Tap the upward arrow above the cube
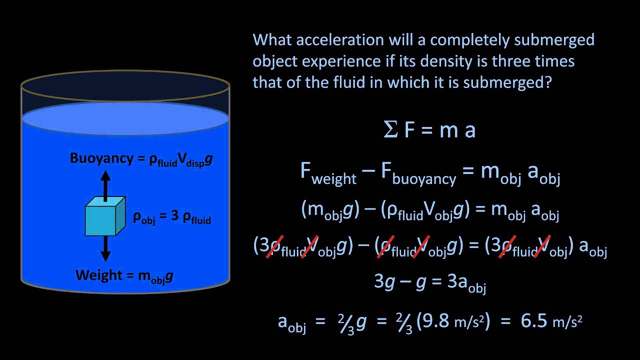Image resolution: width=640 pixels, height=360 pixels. [x=105, y=185]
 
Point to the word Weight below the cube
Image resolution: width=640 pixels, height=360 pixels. [x=98, y=275]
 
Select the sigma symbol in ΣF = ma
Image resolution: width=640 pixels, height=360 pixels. [x=390, y=129]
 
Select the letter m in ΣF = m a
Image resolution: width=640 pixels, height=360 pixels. [x=449, y=129]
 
